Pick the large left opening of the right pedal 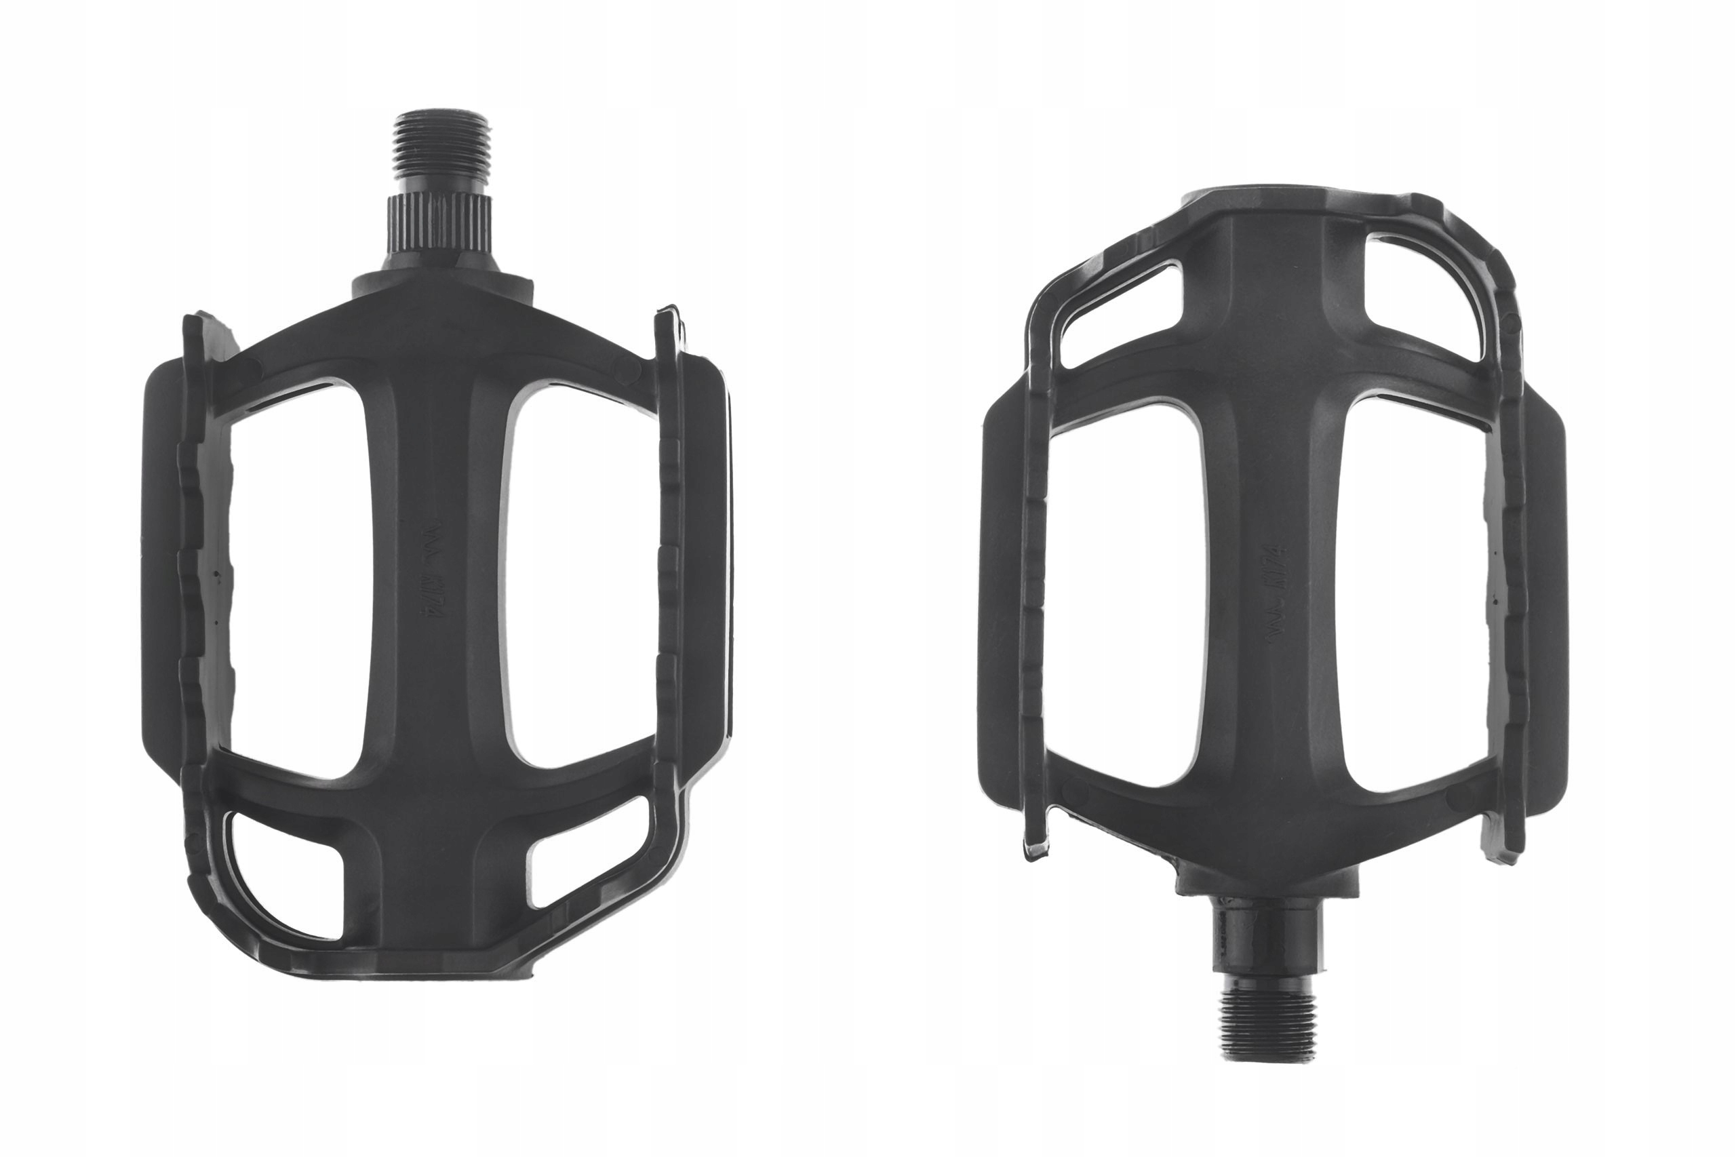[x=1129, y=590]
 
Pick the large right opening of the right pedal [x=1413, y=597]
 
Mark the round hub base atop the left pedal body [x=441, y=284]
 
